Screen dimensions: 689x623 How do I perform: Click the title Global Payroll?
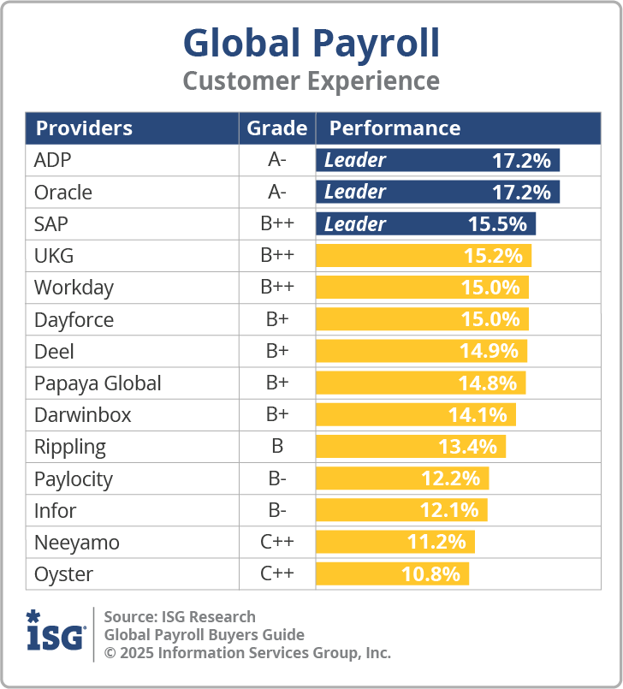(311, 43)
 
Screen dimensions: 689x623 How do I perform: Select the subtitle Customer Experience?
(311, 81)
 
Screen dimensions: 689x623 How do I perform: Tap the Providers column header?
(84, 128)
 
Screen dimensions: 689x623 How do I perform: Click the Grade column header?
(276, 128)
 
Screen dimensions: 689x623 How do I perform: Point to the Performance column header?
(395, 128)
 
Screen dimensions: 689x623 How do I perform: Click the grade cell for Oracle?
(276, 193)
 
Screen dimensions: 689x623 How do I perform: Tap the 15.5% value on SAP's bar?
(496, 224)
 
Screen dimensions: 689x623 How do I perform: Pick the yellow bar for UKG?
(424, 256)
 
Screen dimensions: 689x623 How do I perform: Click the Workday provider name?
(74, 288)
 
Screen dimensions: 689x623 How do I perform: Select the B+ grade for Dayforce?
(276, 320)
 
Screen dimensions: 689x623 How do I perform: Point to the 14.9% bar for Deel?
(421, 352)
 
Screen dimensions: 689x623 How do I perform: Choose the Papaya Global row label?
(98, 383)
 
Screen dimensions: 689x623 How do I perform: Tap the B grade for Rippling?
(276, 447)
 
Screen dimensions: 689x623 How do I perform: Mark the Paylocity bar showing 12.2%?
(402, 478)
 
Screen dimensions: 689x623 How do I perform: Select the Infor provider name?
(55, 511)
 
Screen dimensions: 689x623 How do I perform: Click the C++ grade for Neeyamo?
(276, 543)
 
